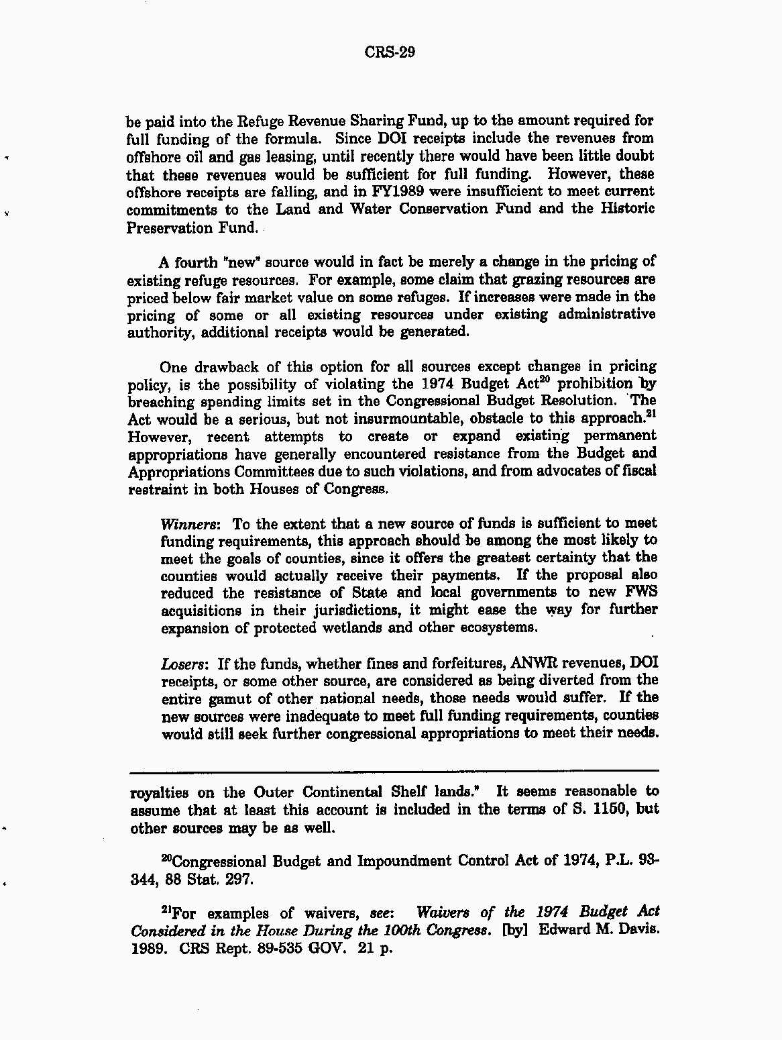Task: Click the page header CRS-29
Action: point(390,52)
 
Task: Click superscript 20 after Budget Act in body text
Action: point(547,380)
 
